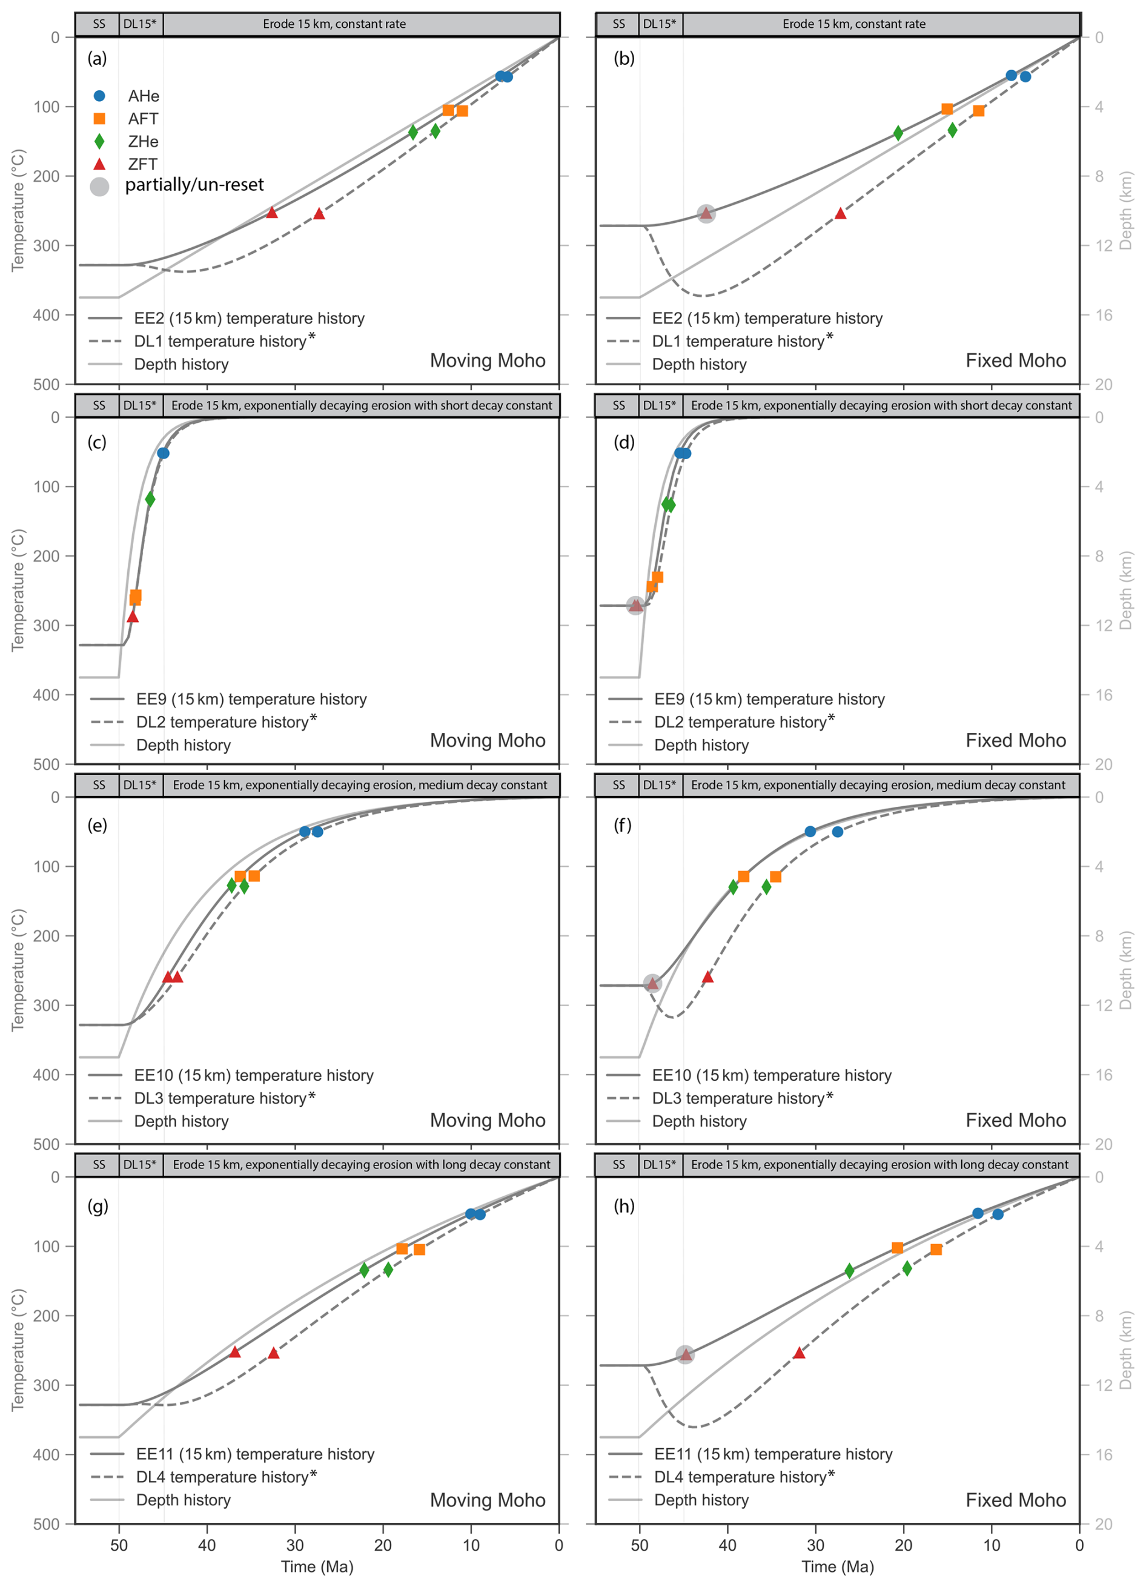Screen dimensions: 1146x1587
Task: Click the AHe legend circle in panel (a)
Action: pyautogui.click(x=99, y=96)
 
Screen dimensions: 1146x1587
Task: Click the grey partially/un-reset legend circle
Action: pyautogui.click(x=99, y=187)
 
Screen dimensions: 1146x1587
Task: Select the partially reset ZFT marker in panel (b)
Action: pyautogui.click(x=706, y=213)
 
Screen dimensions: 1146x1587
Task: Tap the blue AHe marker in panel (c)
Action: pyautogui.click(x=163, y=454)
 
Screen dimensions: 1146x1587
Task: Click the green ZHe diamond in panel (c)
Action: pyautogui.click(x=150, y=499)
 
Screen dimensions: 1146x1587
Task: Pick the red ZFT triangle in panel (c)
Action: pyautogui.click(x=133, y=617)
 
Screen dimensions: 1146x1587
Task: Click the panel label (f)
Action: pyautogui.click(x=623, y=825)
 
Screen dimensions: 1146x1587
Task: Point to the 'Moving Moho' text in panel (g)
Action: pyautogui.click(x=488, y=1500)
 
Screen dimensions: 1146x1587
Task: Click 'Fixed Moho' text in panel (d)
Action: pyautogui.click(x=1016, y=740)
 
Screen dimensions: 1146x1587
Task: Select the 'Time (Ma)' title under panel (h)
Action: pyautogui.click(x=838, y=1566)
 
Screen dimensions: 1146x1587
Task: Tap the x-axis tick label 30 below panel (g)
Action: pyautogui.click(x=295, y=1545)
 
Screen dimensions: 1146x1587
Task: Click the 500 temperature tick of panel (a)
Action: pyautogui.click(x=47, y=384)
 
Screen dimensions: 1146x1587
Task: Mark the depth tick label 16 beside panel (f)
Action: pyautogui.click(x=1104, y=1075)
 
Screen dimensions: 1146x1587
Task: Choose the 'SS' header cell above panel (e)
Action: pyautogui.click(x=99, y=785)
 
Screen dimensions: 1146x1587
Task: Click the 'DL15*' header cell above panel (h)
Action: pyautogui.click(x=660, y=1164)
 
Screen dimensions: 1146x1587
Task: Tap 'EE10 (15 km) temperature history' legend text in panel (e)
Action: pyautogui.click(x=254, y=1076)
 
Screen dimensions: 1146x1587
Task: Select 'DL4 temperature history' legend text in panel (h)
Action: pyautogui.click(x=740, y=1477)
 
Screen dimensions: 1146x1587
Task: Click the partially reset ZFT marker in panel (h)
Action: pyautogui.click(x=685, y=1354)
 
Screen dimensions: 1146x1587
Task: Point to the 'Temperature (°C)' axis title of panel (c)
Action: pyautogui.click(x=18, y=591)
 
